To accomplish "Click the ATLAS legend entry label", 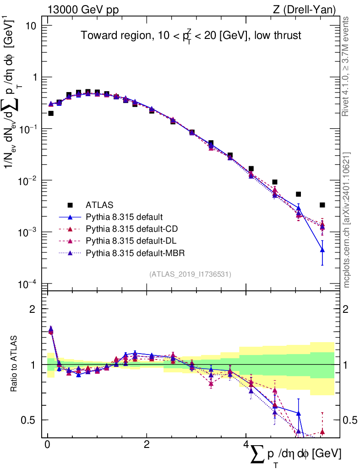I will [99, 204].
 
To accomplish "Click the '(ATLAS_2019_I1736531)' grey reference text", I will [190, 274].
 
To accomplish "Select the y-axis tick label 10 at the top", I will [31, 26].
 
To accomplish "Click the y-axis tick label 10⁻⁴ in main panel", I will [28, 284].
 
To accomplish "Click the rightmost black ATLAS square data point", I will [322, 205].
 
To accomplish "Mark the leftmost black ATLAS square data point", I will [51, 113].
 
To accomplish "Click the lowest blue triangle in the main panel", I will [322, 250].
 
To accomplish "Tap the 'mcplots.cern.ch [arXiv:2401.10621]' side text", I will [347, 220].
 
